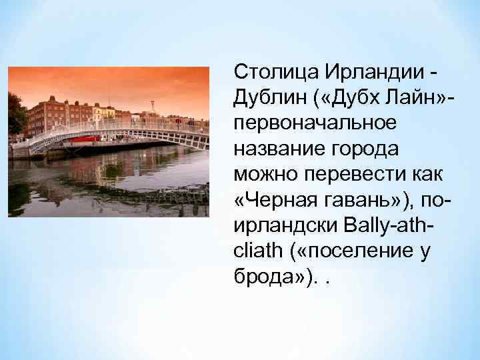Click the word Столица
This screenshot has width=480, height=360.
tap(266, 72)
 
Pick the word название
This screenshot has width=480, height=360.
tap(273, 149)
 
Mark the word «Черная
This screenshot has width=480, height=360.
tap(273, 201)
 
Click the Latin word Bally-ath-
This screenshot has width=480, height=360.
tap(388, 226)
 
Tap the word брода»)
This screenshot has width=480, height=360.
tap(269, 277)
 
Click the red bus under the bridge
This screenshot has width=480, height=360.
tap(87, 139)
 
